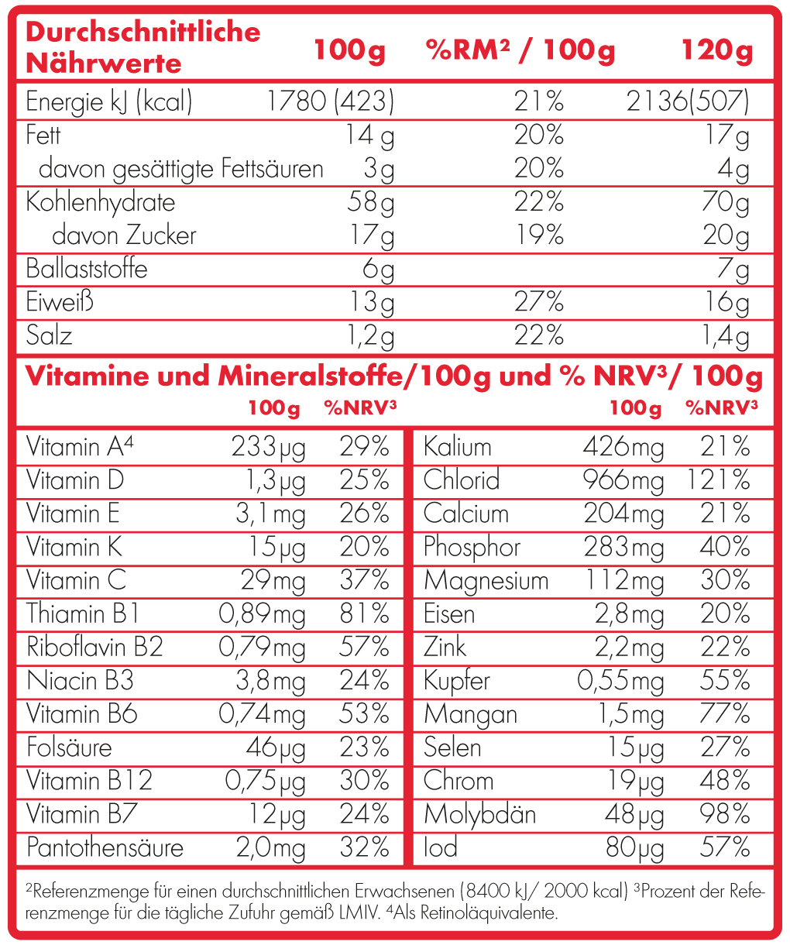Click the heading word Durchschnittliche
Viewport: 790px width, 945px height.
[x=143, y=33]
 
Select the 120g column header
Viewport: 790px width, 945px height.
[x=716, y=51]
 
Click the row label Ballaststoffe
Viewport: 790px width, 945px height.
[x=87, y=269]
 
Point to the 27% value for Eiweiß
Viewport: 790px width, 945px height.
[x=538, y=302]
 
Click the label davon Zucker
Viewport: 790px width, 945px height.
[x=124, y=235]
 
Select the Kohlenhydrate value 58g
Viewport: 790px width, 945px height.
[x=371, y=203]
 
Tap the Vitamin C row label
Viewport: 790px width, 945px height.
[x=76, y=580]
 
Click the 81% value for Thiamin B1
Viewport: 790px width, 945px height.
[x=364, y=614]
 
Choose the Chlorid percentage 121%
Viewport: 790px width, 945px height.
[x=718, y=480]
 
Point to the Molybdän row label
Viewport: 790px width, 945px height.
[x=479, y=815]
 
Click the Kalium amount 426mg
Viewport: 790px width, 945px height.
[x=623, y=447]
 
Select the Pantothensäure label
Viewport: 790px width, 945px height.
[x=105, y=847]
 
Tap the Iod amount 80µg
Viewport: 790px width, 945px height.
[x=634, y=848]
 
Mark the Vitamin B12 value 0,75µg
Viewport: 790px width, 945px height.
[x=266, y=781]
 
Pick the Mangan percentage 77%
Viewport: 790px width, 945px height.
[x=725, y=714]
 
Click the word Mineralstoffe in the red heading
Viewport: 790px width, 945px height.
[x=310, y=377]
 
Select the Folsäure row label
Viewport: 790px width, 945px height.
[x=69, y=747]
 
